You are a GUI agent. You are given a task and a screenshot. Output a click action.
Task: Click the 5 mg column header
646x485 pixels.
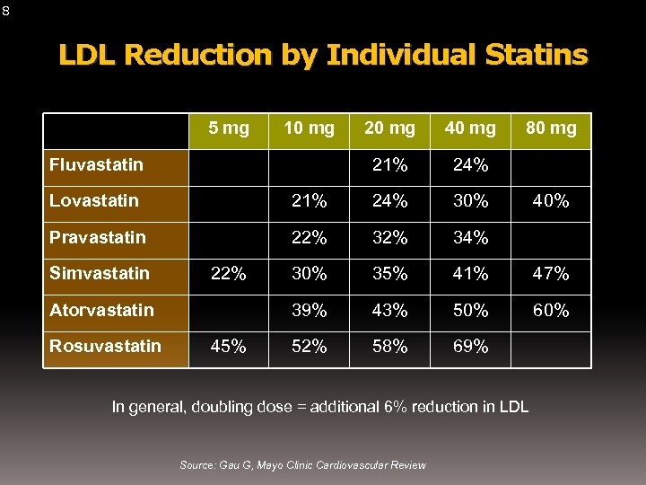pos(229,128)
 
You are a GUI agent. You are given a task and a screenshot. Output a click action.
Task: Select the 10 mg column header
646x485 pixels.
pos(309,128)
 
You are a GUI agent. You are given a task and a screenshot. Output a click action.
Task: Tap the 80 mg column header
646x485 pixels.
pos(551,128)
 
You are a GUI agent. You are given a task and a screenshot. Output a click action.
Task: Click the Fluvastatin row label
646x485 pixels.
pos(96,164)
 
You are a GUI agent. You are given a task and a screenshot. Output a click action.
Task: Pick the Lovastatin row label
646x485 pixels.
pos(94,200)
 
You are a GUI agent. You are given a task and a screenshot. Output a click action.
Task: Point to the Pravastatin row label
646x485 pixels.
pos(97,238)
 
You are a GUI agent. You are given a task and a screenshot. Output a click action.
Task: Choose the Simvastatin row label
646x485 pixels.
pos(99,273)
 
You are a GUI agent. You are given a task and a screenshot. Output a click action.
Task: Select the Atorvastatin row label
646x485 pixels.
pos(101,310)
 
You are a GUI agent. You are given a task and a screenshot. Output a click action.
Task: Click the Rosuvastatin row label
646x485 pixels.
pos(105,346)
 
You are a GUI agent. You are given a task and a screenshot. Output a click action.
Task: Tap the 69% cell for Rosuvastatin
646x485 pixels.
pos(470,347)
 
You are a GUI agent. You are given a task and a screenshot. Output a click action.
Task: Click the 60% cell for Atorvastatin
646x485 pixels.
pos(551,311)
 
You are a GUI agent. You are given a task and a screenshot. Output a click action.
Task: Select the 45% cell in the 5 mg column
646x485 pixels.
pos(228,347)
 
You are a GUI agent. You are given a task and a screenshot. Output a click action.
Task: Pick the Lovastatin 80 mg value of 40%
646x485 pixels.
pos(551,201)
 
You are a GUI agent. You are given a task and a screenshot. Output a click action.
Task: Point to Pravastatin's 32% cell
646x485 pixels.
pos(389,238)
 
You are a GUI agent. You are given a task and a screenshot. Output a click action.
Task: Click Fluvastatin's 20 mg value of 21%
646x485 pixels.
pos(389,165)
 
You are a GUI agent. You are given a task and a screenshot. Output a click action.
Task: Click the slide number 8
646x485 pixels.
pos(6,11)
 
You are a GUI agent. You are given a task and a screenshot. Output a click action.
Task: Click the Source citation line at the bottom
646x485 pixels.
pos(302,464)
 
